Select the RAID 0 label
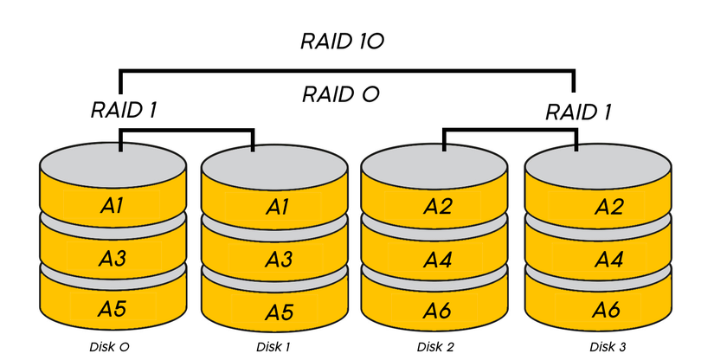pos(341,94)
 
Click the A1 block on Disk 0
pos(113,206)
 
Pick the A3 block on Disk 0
pos(113,259)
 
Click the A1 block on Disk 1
pos(274,207)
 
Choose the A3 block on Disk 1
pos(274,260)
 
